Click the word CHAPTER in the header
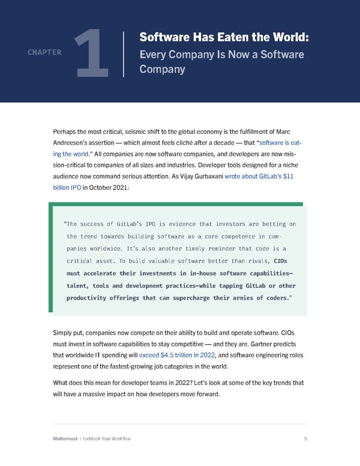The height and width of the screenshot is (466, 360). (44, 52)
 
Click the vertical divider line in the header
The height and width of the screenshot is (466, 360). (123, 54)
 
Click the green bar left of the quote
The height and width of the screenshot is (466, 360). (51, 259)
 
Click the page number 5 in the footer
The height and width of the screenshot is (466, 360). (305, 439)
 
